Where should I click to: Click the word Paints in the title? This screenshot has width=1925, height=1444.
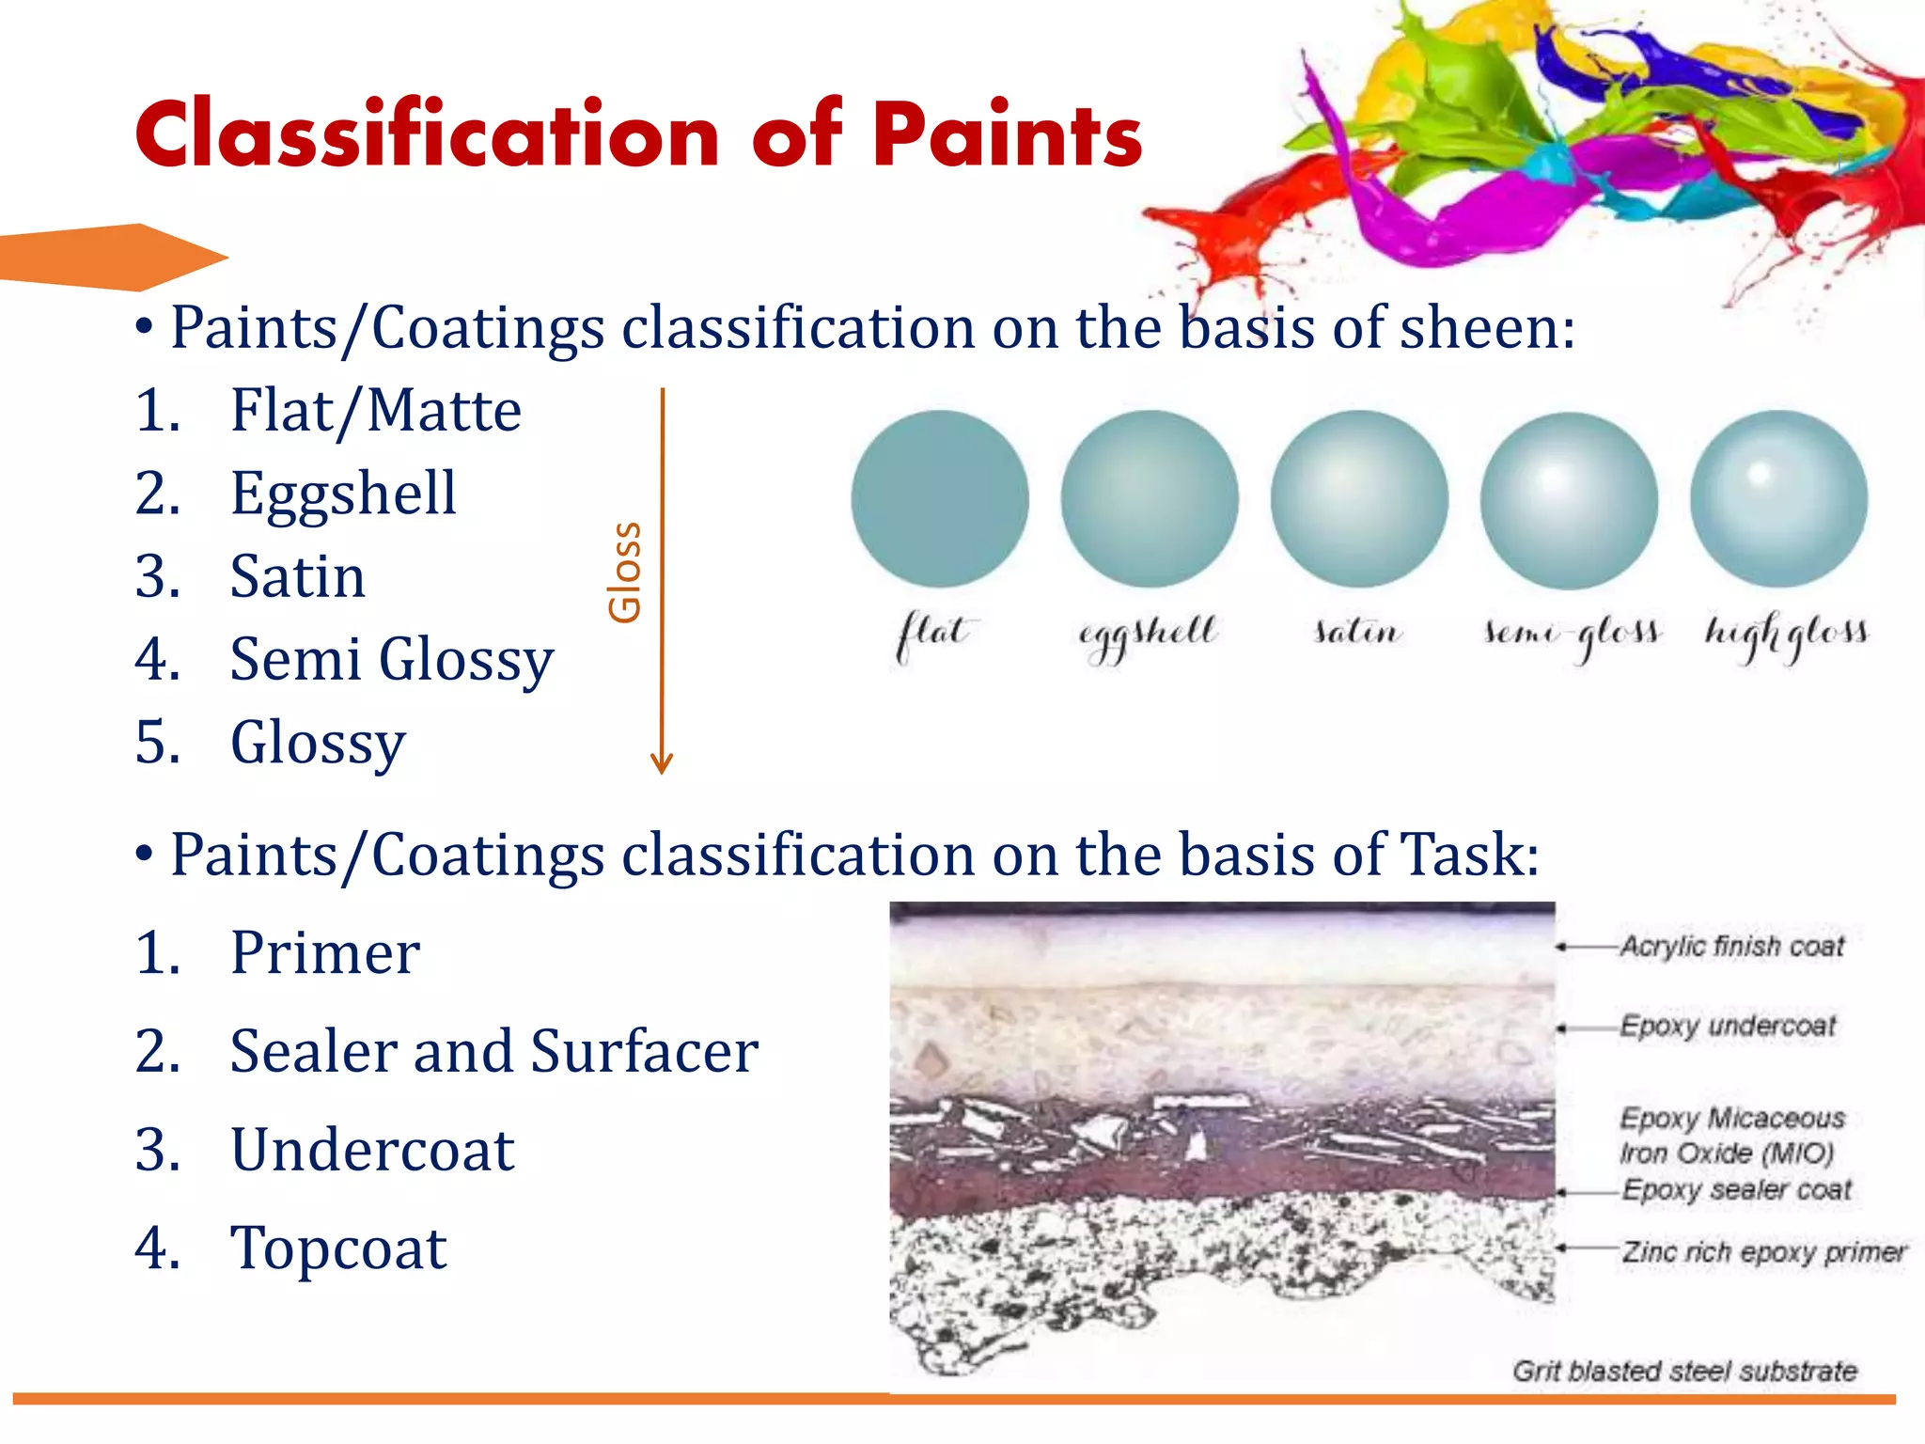coord(1007,136)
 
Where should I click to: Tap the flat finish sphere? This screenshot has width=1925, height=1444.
coord(939,498)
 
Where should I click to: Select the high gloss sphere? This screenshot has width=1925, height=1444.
coord(1778,498)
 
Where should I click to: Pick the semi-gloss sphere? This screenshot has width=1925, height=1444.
coord(1569,500)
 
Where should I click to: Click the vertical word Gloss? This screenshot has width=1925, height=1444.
coord(625,572)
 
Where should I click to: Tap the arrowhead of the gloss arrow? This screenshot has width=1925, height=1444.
coord(662,762)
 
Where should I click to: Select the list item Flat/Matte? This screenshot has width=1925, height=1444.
coord(375,411)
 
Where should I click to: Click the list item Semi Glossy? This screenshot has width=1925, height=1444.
coord(391,659)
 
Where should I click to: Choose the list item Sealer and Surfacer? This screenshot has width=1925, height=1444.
coord(493,1051)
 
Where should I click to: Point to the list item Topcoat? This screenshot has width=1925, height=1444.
coord(338,1248)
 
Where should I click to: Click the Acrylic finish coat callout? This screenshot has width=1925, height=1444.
coord(1731,946)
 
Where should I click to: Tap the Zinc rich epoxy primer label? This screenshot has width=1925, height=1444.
coord(1763,1251)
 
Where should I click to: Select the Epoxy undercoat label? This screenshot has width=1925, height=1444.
coord(1727,1026)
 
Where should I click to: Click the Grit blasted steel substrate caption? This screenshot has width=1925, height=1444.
coord(1684,1371)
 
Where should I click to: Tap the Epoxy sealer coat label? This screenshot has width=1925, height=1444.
coord(1736,1189)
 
